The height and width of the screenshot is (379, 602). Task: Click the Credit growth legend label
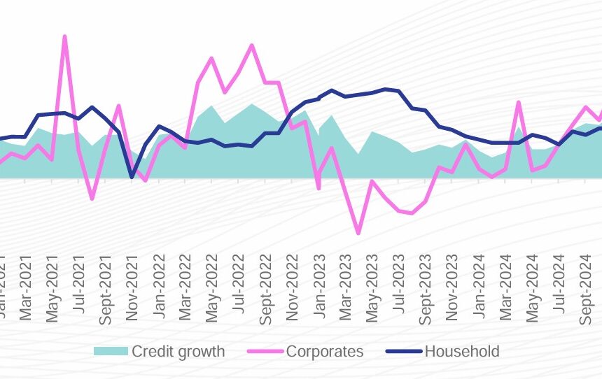point(178,351)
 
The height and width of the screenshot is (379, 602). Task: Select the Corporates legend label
point(325,351)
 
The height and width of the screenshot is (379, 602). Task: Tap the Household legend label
point(462,351)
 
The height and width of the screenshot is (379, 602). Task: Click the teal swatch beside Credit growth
point(111,351)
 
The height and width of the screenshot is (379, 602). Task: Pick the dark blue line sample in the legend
point(404,351)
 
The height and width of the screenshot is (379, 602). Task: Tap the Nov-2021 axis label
point(132,289)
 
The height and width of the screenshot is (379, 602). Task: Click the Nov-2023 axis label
point(451,289)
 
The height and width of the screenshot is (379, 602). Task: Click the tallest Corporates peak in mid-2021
point(64,36)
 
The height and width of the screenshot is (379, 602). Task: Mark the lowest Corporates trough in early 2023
point(358,233)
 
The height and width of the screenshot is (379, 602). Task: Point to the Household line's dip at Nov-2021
point(132,177)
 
